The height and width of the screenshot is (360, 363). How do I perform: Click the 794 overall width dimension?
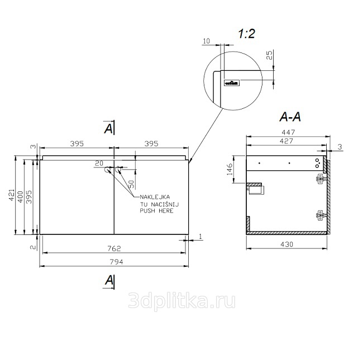(x=117, y=262)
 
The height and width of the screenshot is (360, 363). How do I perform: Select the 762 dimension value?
(x=114, y=248)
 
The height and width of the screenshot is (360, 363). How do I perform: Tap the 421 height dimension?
(x=12, y=195)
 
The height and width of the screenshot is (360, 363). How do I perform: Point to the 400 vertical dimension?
(x=21, y=197)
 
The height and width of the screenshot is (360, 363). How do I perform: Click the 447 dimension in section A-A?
(x=288, y=132)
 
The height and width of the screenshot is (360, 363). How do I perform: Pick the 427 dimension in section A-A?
(x=286, y=141)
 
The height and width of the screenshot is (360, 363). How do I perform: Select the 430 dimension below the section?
(x=286, y=244)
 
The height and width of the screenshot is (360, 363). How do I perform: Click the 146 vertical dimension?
(x=230, y=169)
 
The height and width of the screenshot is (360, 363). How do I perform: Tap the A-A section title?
(x=290, y=117)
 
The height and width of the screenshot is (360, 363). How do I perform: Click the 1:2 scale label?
(x=246, y=33)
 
